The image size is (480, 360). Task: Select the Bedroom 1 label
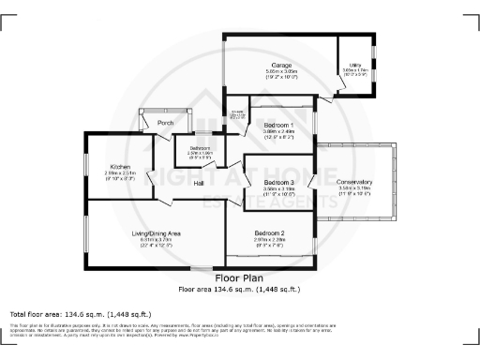(x=279, y=125)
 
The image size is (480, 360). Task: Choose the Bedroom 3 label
(x=279, y=182)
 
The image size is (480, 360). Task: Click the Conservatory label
(x=355, y=182)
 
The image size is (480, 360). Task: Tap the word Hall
(x=200, y=183)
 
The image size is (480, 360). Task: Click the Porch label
(x=165, y=124)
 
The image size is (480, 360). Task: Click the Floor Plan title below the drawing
(x=239, y=278)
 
